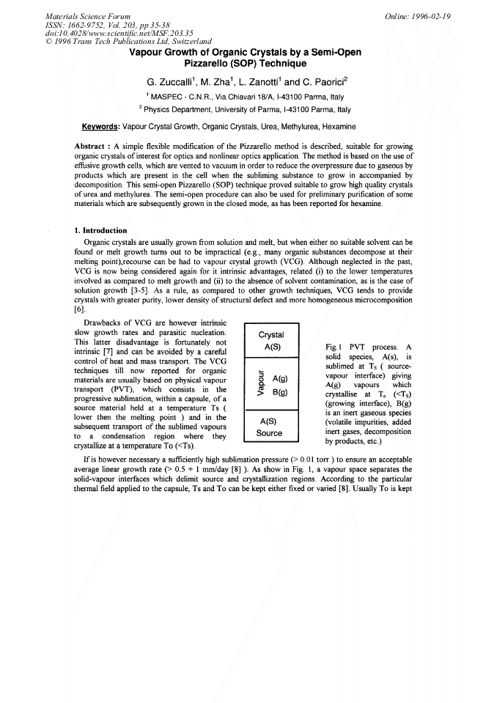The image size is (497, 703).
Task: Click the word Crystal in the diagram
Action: point(272,335)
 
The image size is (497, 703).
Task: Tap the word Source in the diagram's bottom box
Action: point(270,433)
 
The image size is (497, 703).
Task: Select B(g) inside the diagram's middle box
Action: point(279,392)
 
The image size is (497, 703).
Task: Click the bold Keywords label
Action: point(100,126)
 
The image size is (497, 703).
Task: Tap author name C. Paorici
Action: point(323,81)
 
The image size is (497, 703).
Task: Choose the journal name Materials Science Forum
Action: point(88,15)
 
